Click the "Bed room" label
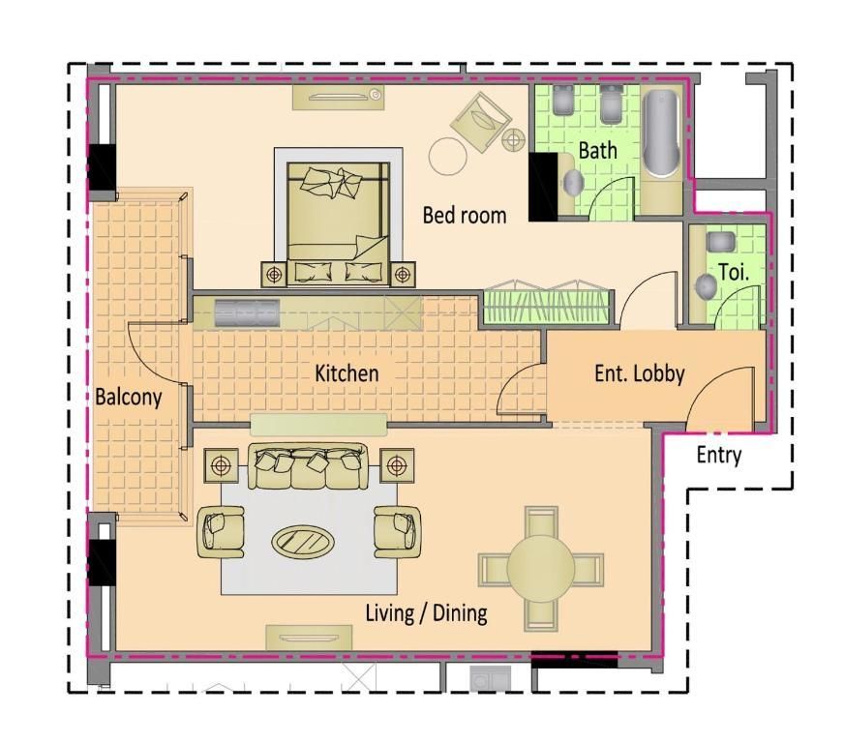464,215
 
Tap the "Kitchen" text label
347,373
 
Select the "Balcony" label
129,397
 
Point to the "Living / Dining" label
426,613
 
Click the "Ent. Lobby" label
640,374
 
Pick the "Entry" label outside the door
718,455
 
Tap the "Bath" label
597,151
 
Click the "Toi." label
734,272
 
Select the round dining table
541,568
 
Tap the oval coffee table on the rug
304,541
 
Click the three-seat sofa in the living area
308,466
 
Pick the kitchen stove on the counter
247,312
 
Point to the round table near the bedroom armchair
447,156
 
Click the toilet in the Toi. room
706,286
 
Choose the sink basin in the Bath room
573,183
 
